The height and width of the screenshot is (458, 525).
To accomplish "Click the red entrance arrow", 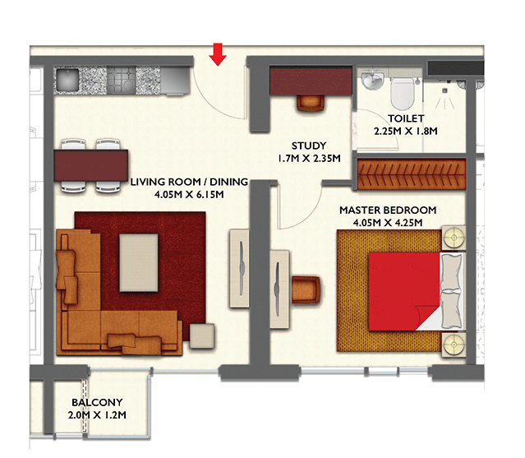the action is (x=218, y=54).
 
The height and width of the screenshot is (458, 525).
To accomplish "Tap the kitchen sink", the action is (x=67, y=80).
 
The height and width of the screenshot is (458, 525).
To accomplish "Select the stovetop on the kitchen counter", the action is (x=122, y=80).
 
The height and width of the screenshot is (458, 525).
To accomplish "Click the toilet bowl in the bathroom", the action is (x=402, y=93).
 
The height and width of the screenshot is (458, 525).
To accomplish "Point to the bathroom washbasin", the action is (x=373, y=80).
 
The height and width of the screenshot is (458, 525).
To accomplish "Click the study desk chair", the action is (x=311, y=103).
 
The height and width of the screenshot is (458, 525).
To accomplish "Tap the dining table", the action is (x=90, y=165).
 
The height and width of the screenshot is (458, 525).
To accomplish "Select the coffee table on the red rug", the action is (x=139, y=262).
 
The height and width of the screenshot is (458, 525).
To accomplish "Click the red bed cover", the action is (x=403, y=291).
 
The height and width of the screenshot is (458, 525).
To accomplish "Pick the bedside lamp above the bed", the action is (x=454, y=238).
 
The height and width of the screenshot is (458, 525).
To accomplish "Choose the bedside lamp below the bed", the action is (x=454, y=345).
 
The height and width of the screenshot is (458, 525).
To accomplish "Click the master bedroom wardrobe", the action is (x=412, y=174).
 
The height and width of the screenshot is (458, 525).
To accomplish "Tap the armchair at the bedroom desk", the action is (x=306, y=289).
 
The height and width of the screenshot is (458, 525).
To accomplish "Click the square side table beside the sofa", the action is (x=202, y=336).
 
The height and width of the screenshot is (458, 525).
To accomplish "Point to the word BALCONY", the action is (x=97, y=402).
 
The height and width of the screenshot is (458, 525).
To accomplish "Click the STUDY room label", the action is (x=309, y=146).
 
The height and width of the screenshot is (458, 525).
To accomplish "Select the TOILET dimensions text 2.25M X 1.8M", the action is (x=406, y=131).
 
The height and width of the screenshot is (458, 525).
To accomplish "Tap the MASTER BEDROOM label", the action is (x=388, y=210).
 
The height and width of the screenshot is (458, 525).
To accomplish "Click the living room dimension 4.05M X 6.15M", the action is (x=189, y=194).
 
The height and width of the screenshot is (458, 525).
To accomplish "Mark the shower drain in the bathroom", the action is (x=444, y=90).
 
